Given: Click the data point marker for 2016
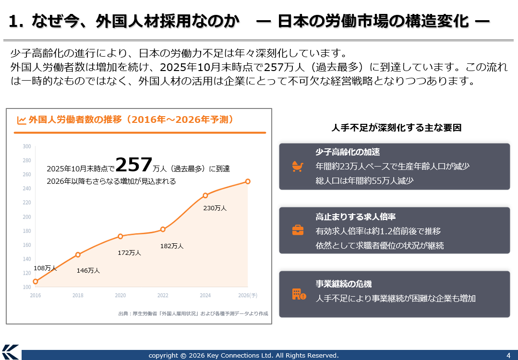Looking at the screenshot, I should point(36,281).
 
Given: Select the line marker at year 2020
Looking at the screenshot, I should point(120,236).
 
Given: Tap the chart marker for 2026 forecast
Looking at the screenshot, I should point(248,181).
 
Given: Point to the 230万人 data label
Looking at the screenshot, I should point(215,208).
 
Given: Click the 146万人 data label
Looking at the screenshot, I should point(88,271).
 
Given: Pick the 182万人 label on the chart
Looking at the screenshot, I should point(172,246).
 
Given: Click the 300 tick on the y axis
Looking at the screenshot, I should point(27,146).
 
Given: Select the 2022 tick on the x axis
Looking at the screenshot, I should point(163,296).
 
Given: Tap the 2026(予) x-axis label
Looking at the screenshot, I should point(248,296).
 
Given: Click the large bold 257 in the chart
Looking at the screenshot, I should point(134,165).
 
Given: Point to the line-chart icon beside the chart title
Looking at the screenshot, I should point(22,120).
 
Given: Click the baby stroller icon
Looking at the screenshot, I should point(298,166).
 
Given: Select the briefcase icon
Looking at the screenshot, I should point(298,230).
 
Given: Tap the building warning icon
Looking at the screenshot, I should point(299,294).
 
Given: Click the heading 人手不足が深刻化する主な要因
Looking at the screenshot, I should point(396,128).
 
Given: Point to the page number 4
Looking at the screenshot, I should point(508,355).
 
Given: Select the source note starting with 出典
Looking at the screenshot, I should point(193,313).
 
